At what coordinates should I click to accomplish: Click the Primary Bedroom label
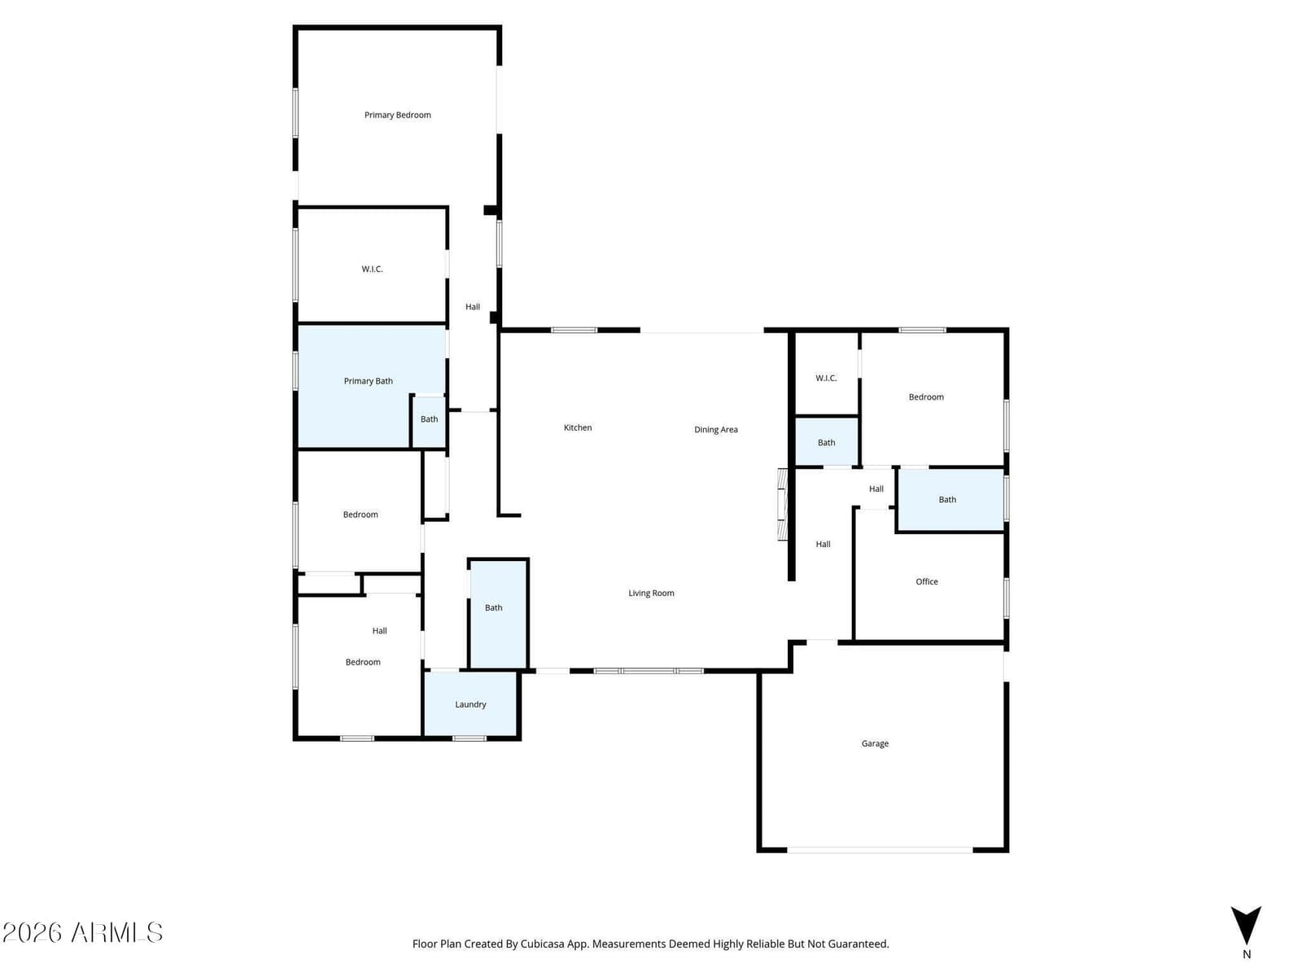pos(397,115)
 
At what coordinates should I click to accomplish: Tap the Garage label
pos(875,743)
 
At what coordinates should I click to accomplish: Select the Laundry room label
pos(470,704)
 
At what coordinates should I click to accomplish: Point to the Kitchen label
pos(577,427)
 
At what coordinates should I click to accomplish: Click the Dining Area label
pos(716,430)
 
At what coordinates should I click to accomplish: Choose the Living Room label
pos(651,594)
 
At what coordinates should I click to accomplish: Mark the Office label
pos(927,582)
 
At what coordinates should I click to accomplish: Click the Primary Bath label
pos(369,381)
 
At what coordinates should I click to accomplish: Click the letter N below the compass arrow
pos(1246,954)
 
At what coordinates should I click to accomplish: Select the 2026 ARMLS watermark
pos(82,932)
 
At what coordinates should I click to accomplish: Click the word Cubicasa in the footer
pos(543,944)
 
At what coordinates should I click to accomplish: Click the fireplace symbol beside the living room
pos(783,504)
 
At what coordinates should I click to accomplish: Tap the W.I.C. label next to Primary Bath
pos(372,269)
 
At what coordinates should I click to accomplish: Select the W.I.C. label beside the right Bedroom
pos(826,379)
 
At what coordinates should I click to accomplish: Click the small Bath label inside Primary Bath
pos(429,419)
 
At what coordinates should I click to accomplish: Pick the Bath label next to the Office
pos(947,499)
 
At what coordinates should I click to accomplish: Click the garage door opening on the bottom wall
pos(880,850)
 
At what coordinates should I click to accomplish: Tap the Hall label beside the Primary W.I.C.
pos(473,307)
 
